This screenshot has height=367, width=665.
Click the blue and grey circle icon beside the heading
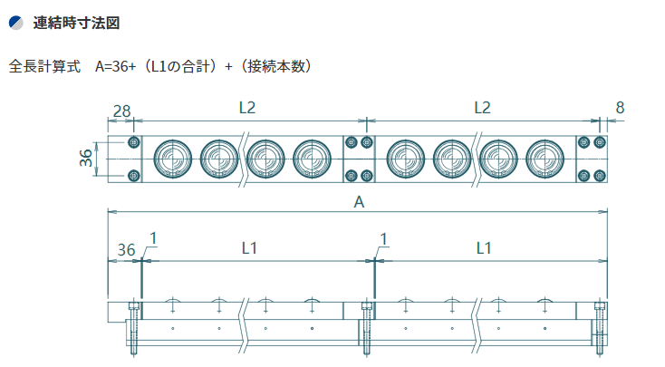(15, 23)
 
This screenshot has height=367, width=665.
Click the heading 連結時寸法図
(76, 23)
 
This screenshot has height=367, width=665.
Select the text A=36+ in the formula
(115, 67)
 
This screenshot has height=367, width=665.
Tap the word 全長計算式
(44, 67)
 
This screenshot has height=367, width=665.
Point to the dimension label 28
(121, 111)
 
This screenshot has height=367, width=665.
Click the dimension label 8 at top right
(620, 108)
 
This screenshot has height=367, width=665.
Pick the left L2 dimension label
(247, 108)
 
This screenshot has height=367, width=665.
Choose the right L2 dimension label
(482, 108)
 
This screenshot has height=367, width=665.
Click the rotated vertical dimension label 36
(86, 158)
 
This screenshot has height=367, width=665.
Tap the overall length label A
(359, 202)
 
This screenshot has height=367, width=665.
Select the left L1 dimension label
(249, 248)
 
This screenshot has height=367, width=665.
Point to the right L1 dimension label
(484, 248)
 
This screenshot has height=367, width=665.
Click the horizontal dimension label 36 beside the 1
(126, 250)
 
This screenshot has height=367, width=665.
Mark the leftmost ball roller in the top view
(173, 159)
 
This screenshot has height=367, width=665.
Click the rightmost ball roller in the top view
(545, 159)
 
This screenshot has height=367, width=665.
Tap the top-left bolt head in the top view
(133, 142)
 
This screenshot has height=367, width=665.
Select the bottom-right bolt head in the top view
(600, 175)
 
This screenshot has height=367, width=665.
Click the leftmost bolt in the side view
(134, 328)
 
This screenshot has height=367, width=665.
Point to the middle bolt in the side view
(367, 328)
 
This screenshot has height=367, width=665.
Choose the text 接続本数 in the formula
(276, 67)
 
